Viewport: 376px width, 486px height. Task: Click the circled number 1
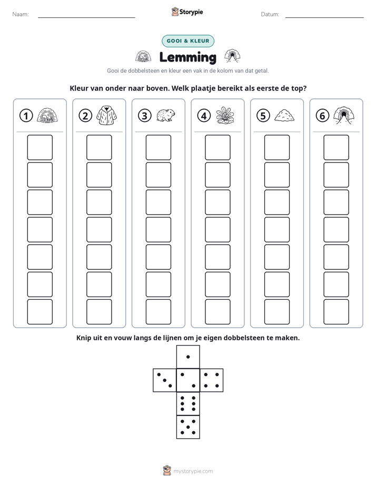[x=26, y=116]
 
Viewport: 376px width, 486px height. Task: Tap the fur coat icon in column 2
[x=107, y=115]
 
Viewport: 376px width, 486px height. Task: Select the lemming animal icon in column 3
[x=166, y=115]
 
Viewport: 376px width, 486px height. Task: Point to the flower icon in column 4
[x=225, y=116]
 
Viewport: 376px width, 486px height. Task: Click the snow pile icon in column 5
[x=284, y=115]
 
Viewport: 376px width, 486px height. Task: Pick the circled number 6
[x=322, y=116]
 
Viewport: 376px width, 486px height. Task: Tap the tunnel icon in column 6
[x=343, y=116]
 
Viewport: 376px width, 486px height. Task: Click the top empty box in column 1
[x=39, y=147]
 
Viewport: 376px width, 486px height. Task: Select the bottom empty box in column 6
[x=336, y=312]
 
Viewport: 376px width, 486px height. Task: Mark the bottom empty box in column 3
[x=158, y=312]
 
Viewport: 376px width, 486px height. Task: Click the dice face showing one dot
[x=188, y=357]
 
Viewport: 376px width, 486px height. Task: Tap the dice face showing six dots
[x=188, y=403]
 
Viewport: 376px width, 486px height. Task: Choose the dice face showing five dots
[x=188, y=427]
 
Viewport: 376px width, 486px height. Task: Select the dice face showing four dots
[x=212, y=380]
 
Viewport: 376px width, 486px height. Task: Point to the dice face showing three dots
[x=165, y=380]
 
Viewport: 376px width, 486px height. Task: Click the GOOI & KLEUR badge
[x=188, y=41]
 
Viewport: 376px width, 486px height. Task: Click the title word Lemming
[x=187, y=57]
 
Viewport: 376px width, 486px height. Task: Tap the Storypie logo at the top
[x=187, y=12]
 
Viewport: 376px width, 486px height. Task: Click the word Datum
[x=270, y=14]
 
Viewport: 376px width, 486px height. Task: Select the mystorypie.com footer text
[x=193, y=471]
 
